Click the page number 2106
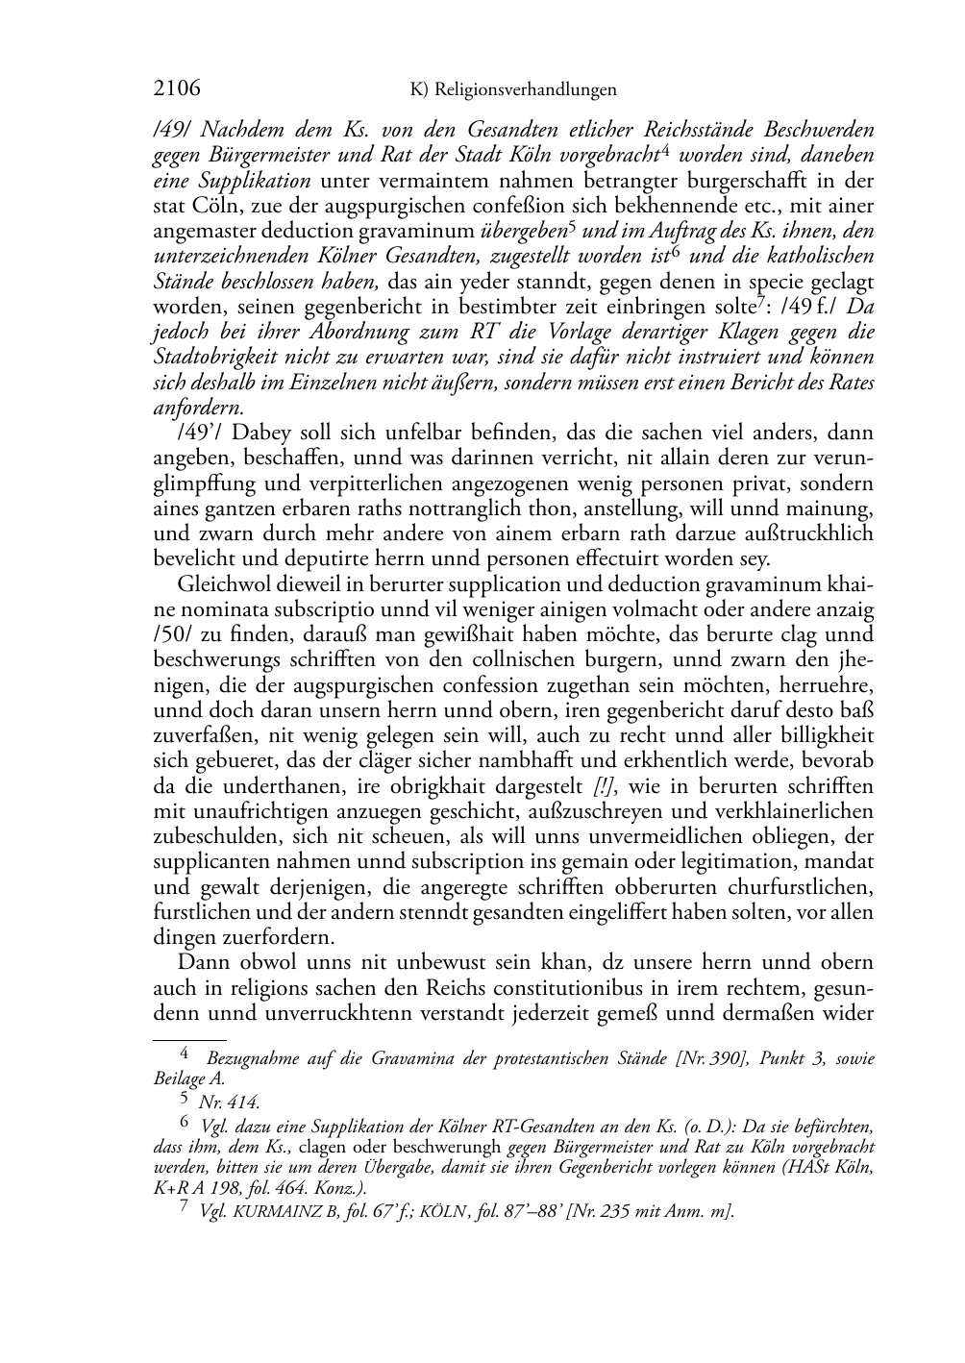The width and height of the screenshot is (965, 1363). pyautogui.click(x=177, y=89)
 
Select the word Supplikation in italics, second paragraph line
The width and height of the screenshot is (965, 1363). pyautogui.click(x=256, y=180)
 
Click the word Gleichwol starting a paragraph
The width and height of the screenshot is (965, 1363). pyautogui.click(x=218, y=584)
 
